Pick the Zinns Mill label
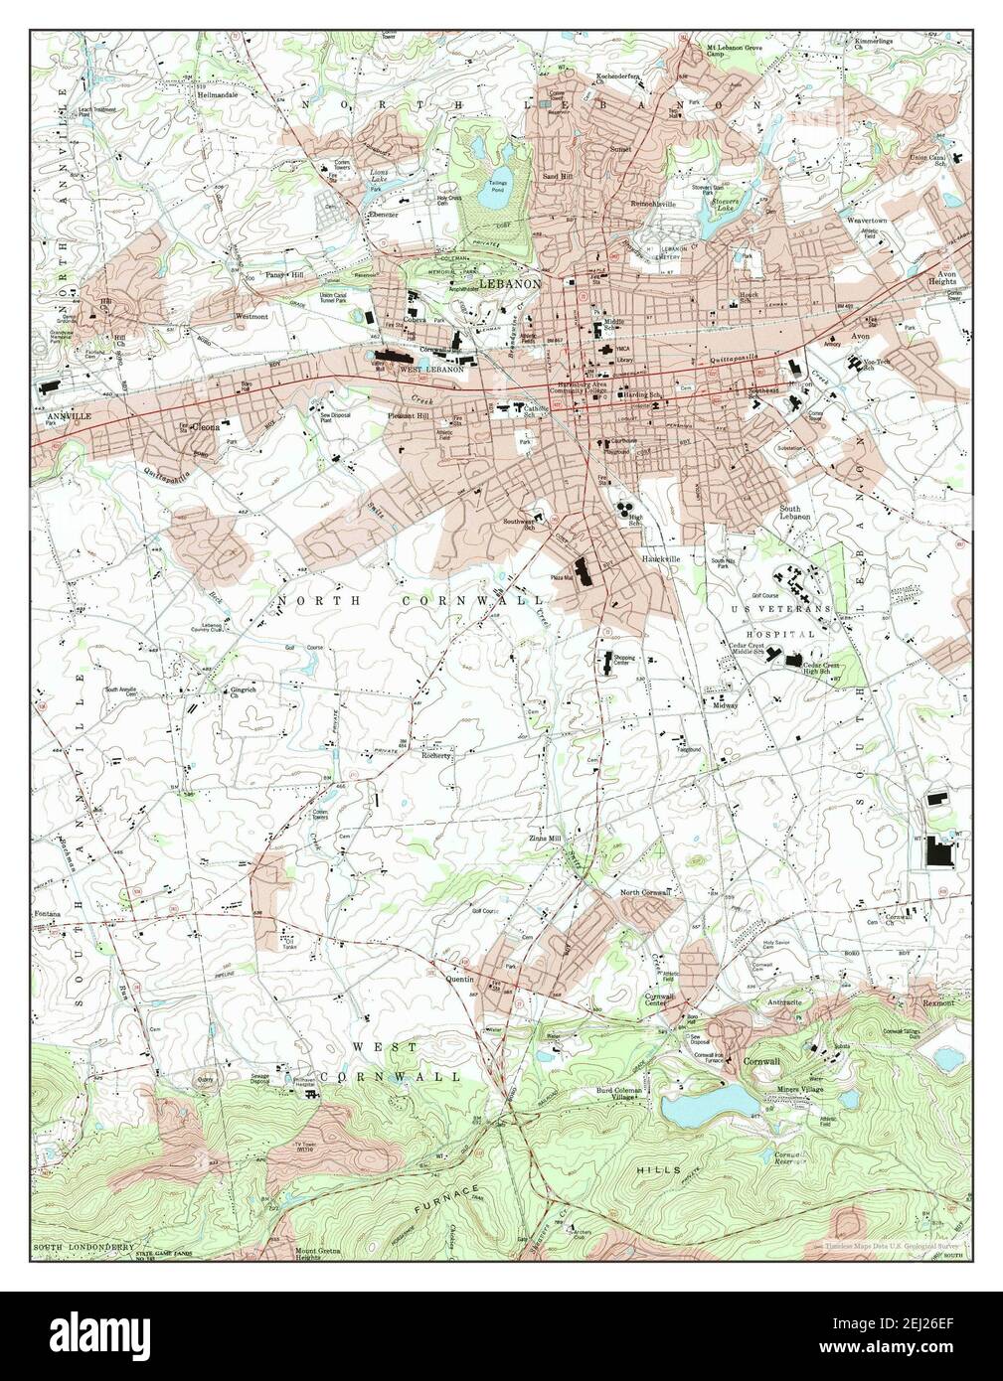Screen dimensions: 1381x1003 pyautogui.click(x=545, y=840)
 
